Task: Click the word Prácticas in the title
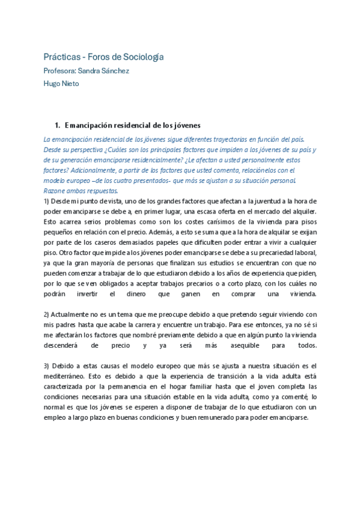60,57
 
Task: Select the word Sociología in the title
142,57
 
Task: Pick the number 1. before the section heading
57,126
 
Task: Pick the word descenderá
63,346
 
